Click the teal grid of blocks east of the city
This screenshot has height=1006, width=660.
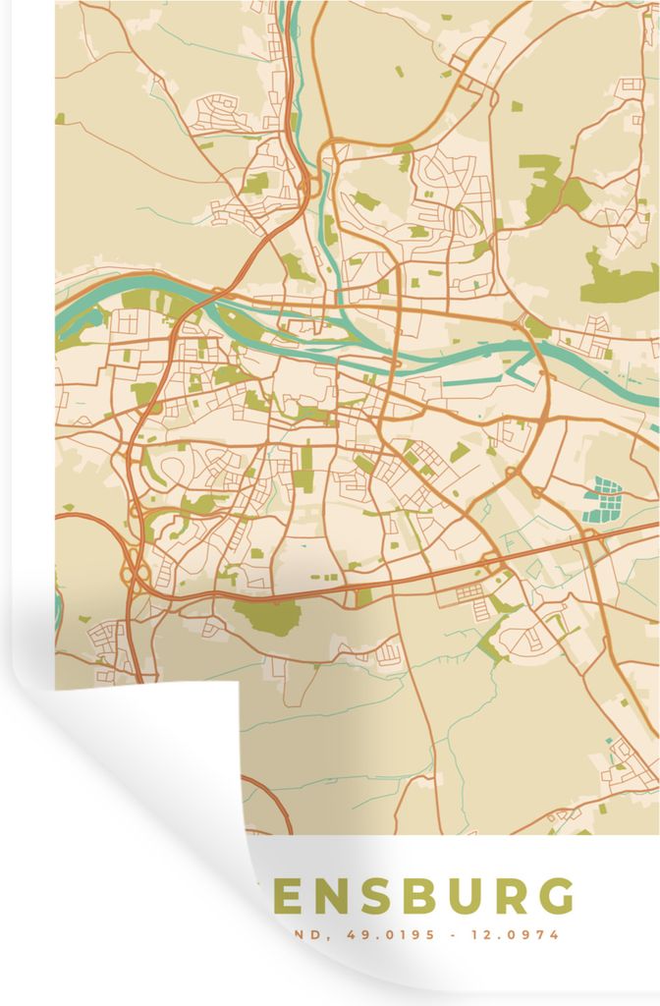[601, 499]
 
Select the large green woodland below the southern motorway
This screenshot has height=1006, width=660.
[268, 616]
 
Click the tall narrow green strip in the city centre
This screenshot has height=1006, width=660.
[307, 466]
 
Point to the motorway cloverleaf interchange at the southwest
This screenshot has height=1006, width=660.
[136, 570]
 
